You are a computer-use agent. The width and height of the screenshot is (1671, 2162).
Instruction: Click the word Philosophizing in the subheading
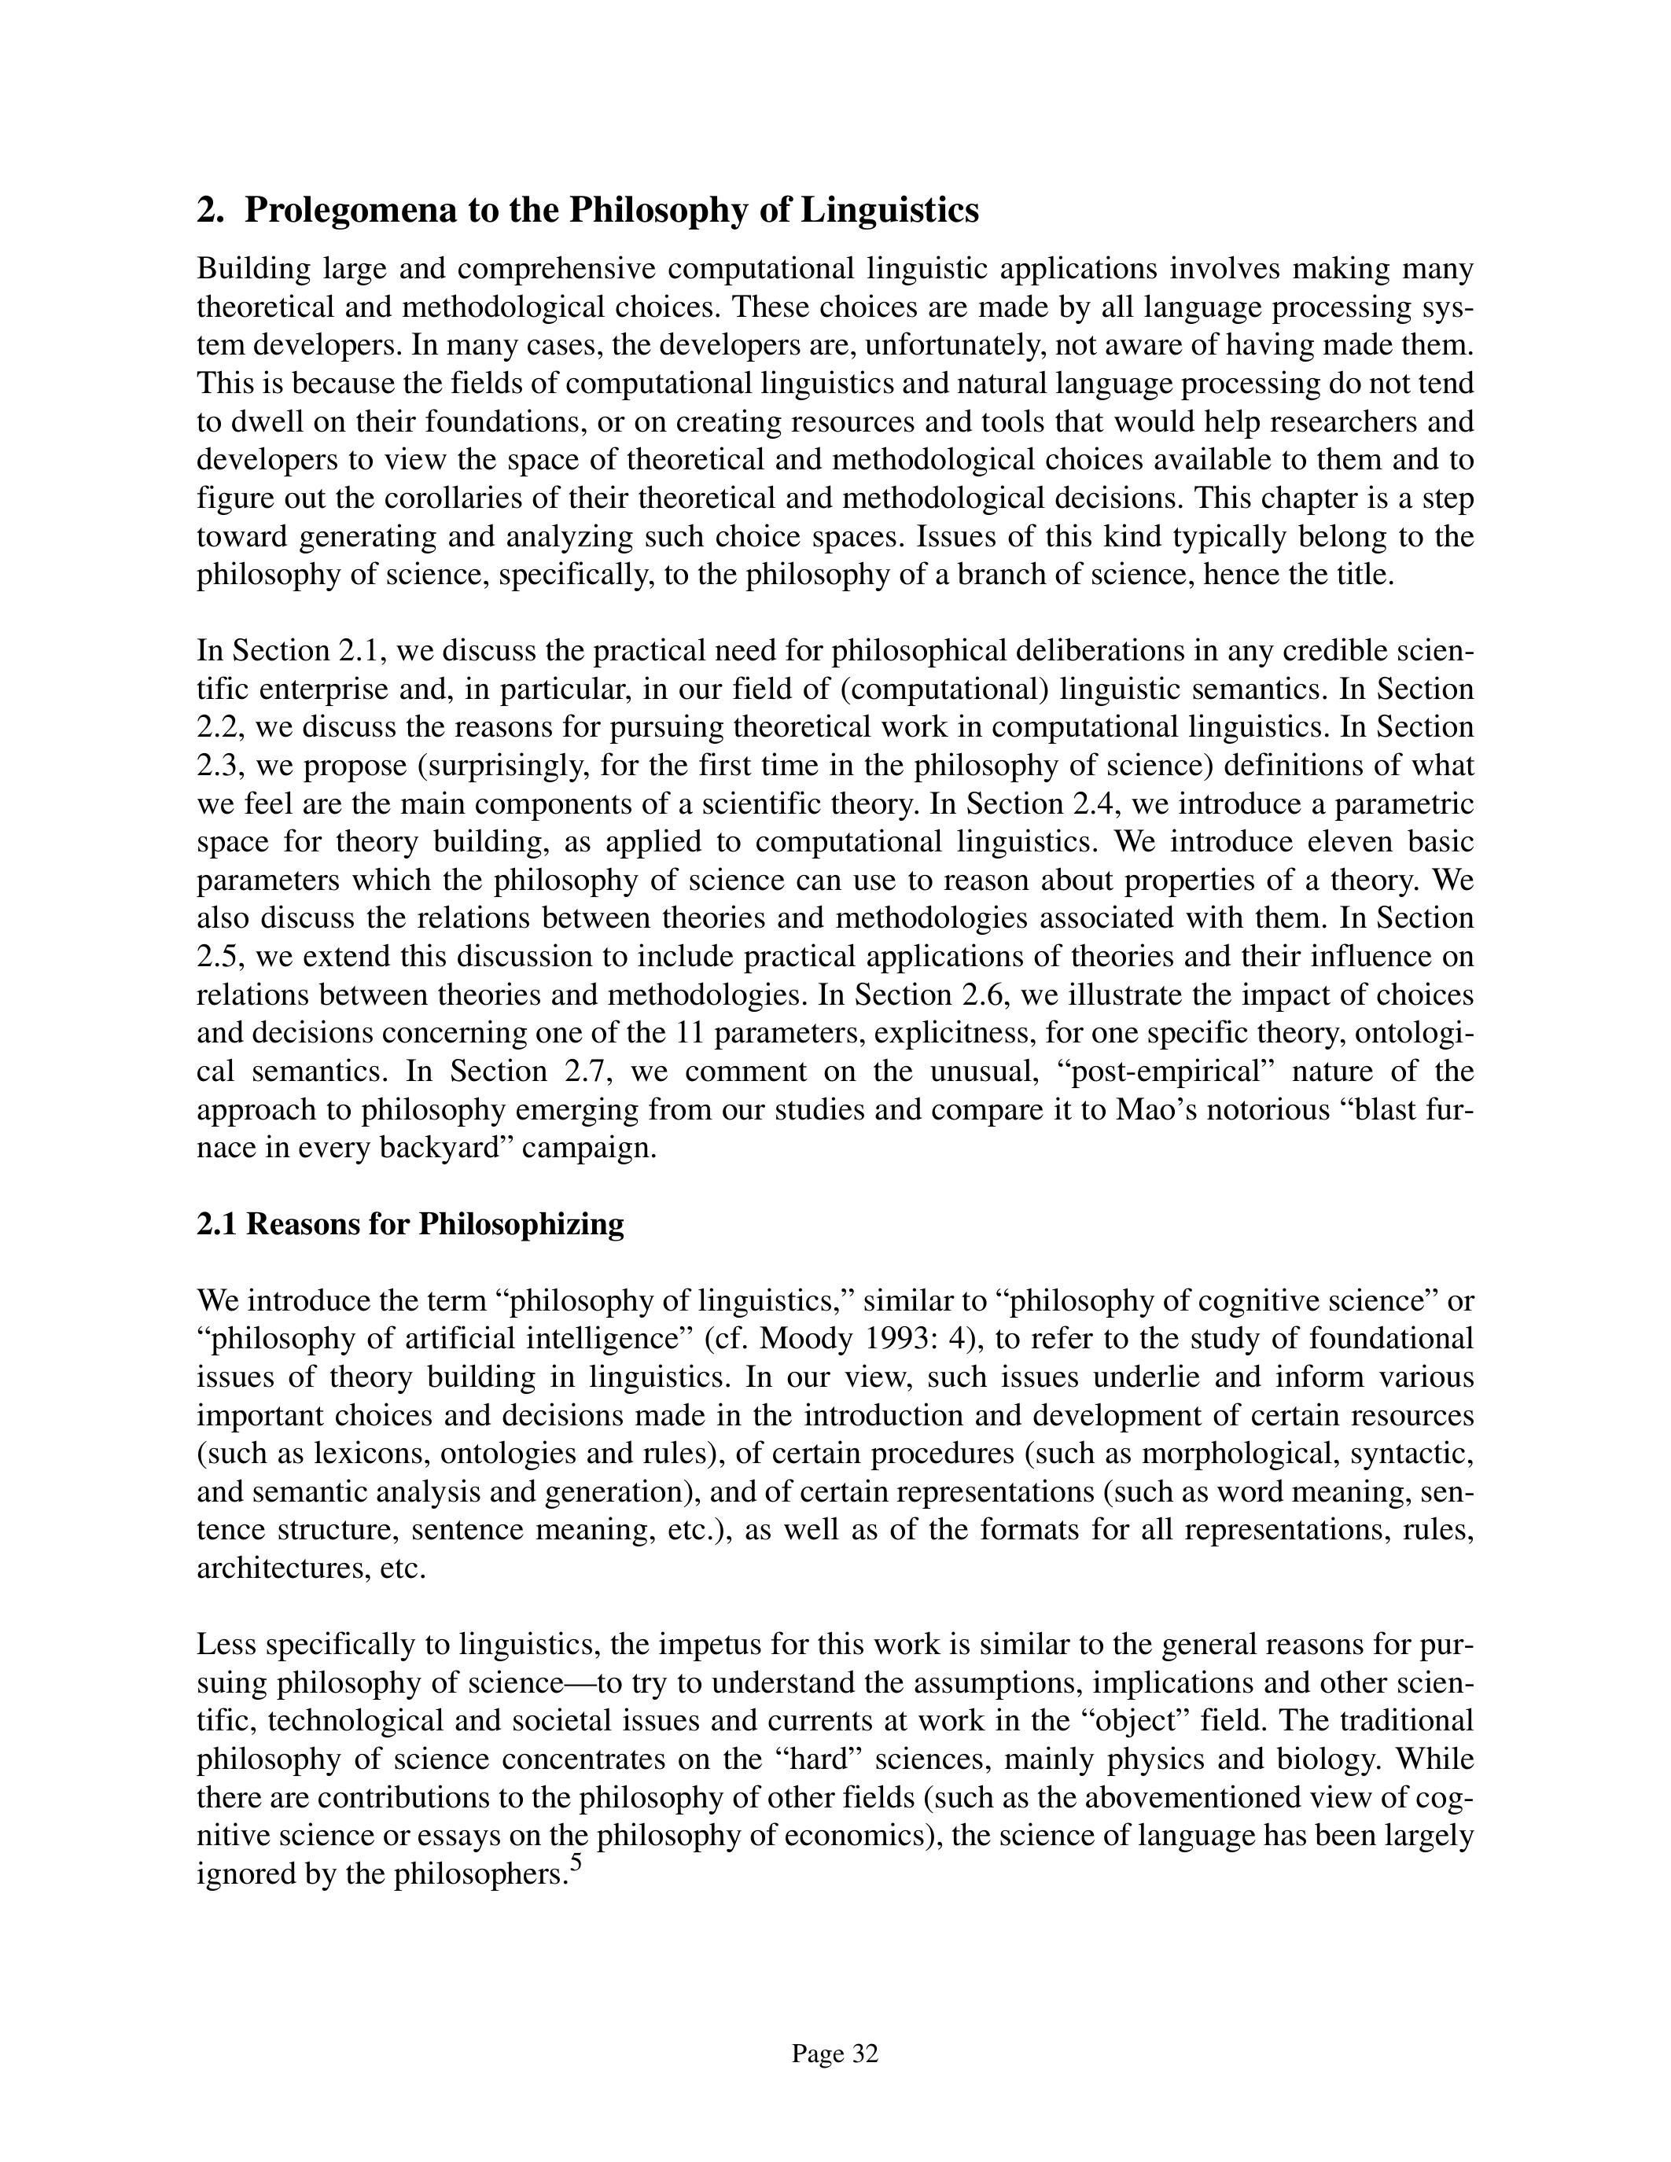[x=521, y=1225]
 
